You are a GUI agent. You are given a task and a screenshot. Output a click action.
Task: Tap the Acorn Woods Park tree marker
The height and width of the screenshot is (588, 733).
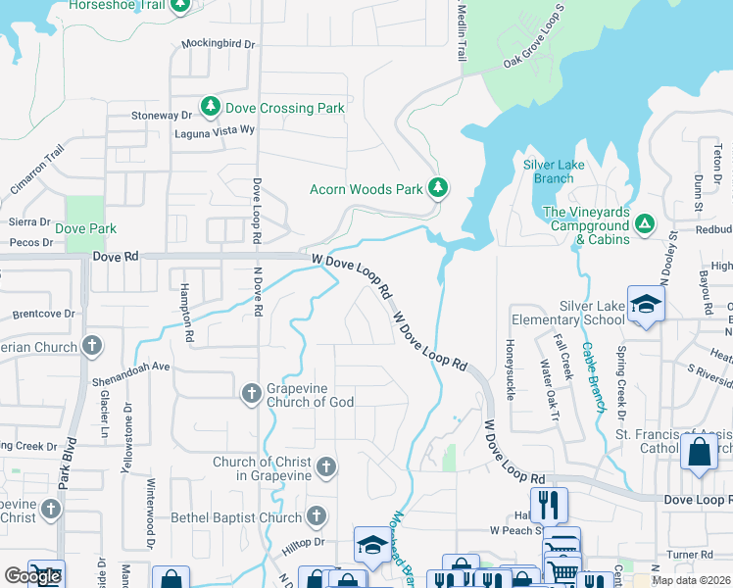click(x=438, y=187)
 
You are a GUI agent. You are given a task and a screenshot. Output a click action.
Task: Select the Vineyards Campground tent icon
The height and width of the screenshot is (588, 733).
click(x=645, y=224)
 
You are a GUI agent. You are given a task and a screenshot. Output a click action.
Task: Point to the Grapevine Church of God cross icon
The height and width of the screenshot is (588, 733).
click(x=251, y=393)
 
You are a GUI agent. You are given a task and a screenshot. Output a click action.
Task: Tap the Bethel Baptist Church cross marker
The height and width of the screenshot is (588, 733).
click(x=316, y=516)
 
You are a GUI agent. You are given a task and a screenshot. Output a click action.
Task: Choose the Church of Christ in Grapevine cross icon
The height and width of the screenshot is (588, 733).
click(x=325, y=467)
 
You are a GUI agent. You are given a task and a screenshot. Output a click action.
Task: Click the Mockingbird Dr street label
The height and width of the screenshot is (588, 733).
click(x=218, y=45)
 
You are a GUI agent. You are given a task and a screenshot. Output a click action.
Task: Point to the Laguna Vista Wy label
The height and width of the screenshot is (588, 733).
click(x=214, y=131)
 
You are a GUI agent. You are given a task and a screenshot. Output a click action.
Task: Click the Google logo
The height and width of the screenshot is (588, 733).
click(x=32, y=576)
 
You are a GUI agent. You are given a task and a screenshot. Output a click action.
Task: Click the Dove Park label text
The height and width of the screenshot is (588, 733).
click(x=85, y=228)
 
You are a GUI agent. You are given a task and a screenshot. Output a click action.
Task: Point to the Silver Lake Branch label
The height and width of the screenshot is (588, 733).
click(x=554, y=171)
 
